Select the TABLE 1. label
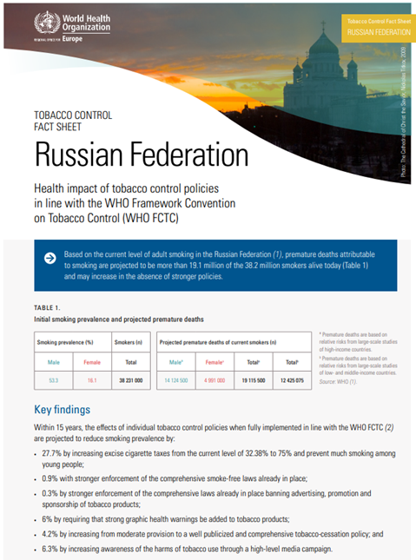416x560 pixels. tap(47, 308)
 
